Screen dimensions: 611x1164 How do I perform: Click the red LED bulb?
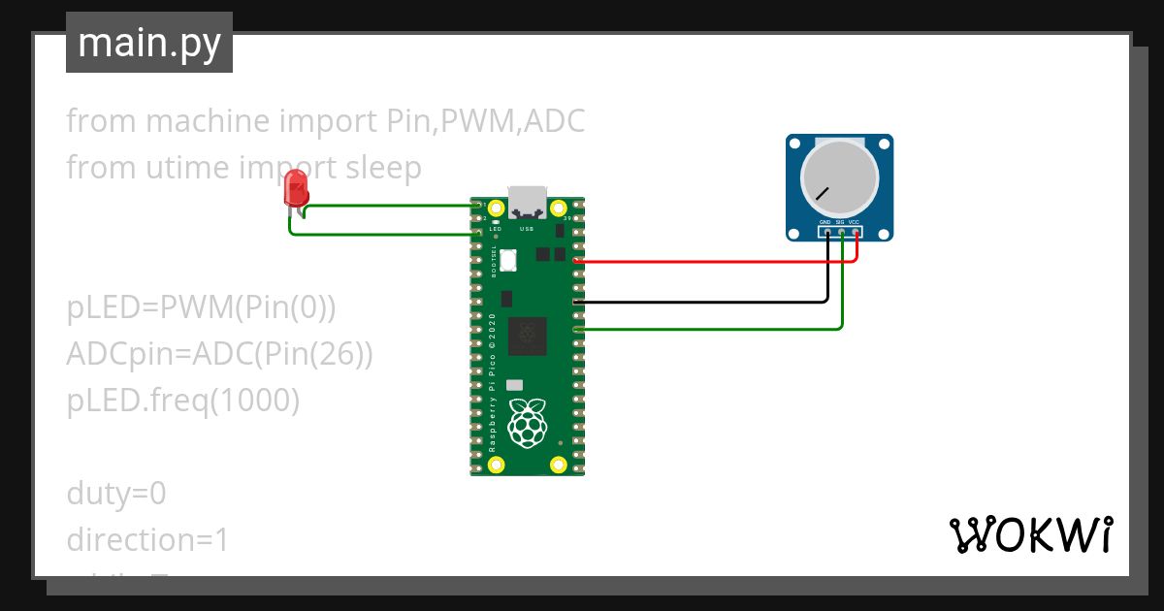(x=295, y=187)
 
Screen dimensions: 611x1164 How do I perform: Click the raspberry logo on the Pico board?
(x=528, y=423)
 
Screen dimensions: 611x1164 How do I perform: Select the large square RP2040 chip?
(x=528, y=335)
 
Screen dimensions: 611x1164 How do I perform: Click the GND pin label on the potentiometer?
(x=824, y=222)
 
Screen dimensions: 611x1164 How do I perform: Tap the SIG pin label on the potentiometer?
(x=840, y=222)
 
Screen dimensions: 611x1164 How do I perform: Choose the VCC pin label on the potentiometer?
(x=855, y=222)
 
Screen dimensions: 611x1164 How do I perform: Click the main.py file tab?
(x=148, y=43)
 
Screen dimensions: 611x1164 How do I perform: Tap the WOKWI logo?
(x=1030, y=534)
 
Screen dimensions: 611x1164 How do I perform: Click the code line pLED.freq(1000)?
(x=182, y=401)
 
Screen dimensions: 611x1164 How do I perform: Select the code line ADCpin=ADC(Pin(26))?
(x=219, y=354)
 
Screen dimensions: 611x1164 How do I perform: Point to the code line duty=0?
(x=116, y=494)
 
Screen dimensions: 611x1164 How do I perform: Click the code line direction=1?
(x=147, y=540)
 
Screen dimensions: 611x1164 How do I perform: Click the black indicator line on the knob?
(x=823, y=193)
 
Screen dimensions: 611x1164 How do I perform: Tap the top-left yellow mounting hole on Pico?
(x=497, y=209)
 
